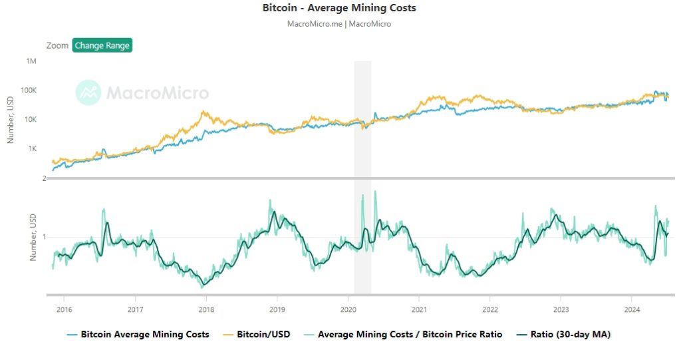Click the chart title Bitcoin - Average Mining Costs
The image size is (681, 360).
(x=340, y=8)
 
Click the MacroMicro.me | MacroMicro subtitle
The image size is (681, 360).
(x=339, y=24)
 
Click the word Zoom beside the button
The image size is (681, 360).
(x=57, y=46)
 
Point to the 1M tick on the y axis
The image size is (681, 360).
(x=31, y=61)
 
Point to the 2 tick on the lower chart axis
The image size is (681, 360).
(x=44, y=178)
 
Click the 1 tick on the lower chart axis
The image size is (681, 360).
(x=44, y=237)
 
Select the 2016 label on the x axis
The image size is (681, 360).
(x=64, y=309)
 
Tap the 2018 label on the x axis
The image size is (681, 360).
(x=206, y=309)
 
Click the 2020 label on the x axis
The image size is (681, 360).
(x=348, y=309)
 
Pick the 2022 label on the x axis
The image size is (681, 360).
(x=490, y=309)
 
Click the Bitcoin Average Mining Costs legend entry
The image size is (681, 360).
(x=144, y=335)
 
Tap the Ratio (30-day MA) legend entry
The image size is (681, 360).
(x=570, y=335)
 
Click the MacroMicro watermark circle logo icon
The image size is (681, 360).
(x=88, y=93)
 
